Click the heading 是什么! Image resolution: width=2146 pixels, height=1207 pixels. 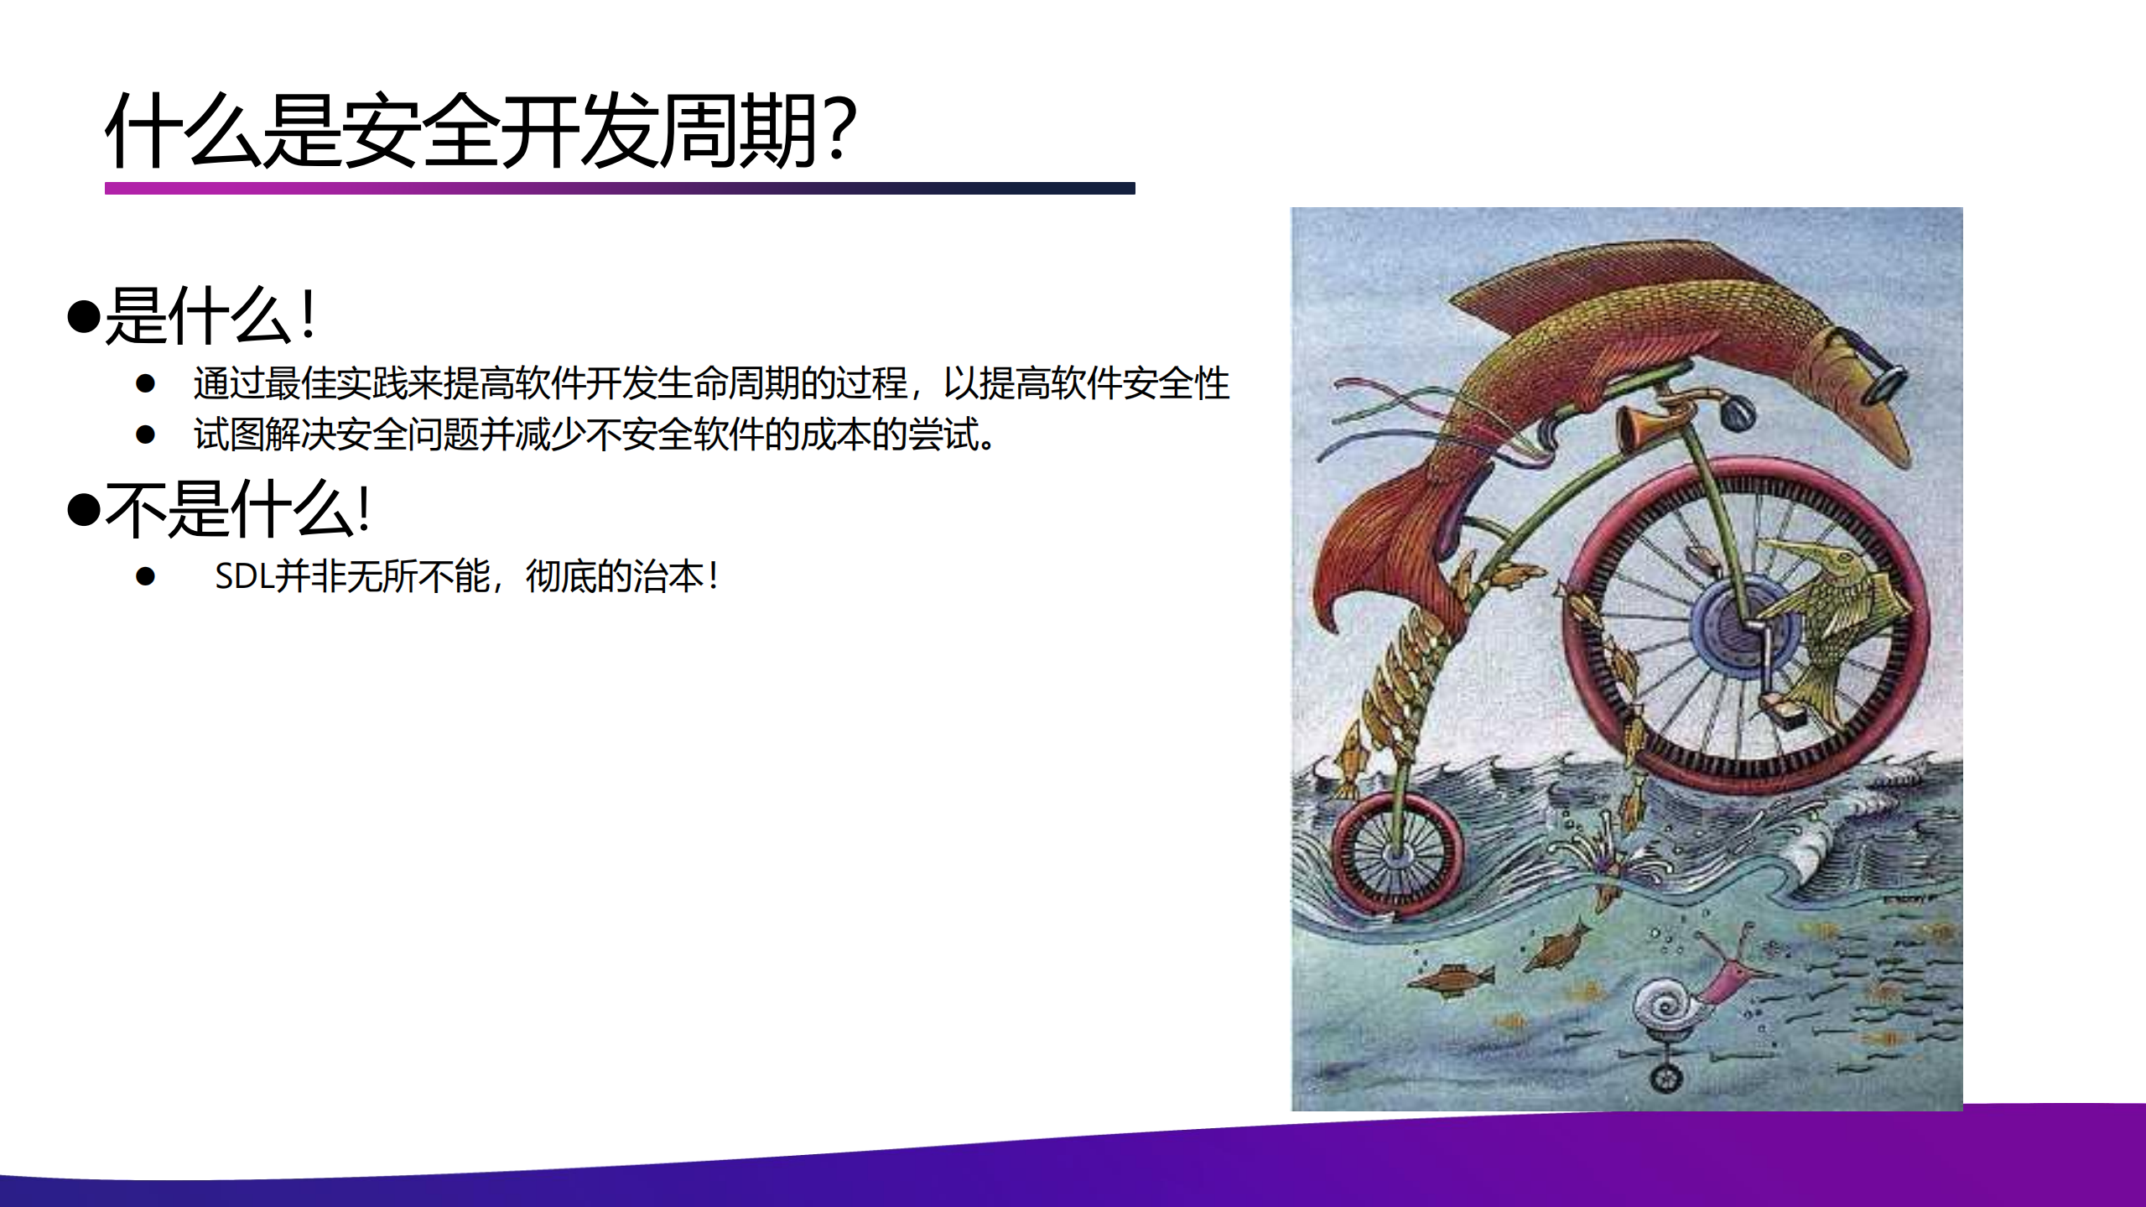coord(210,316)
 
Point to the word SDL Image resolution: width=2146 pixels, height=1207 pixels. coord(243,576)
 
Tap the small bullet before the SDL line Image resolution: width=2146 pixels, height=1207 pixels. coord(146,576)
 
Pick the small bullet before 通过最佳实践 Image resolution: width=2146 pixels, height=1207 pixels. coord(146,383)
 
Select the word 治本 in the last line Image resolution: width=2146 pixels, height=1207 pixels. coord(668,576)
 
